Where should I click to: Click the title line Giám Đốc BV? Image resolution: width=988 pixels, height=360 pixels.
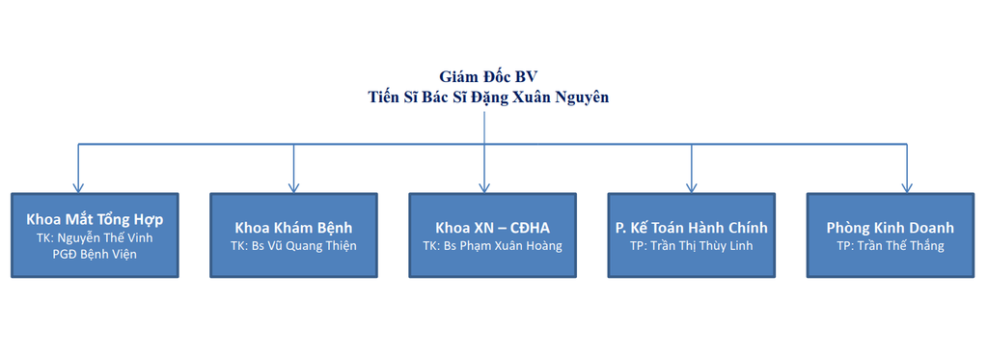point(488,77)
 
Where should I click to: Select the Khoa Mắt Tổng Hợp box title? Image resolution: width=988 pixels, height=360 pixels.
point(95,221)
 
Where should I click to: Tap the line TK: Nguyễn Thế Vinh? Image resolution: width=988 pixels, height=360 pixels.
point(95,238)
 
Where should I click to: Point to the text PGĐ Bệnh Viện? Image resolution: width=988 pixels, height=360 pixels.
point(95,255)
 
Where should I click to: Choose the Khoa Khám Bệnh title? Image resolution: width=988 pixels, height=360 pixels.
point(293,228)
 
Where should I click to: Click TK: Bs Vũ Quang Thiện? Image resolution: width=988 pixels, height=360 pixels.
point(293,245)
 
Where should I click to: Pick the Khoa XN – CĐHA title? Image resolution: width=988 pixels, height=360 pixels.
point(493,228)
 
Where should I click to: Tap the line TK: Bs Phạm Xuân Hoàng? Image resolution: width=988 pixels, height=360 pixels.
point(493,245)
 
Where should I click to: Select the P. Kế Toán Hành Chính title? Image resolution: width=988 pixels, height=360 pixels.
point(692,228)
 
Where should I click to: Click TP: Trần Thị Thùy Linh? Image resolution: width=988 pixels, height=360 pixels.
point(692,245)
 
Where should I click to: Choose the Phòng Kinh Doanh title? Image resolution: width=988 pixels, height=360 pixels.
point(891,228)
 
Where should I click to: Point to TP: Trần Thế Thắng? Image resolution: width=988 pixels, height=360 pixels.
point(891,245)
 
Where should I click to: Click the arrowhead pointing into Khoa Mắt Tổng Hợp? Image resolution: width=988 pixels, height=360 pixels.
point(78,188)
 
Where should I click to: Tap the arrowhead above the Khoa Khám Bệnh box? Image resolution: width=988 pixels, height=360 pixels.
point(293,188)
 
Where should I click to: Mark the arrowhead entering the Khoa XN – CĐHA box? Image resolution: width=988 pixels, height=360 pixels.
point(484,188)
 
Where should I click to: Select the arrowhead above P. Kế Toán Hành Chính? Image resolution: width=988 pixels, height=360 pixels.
point(691,188)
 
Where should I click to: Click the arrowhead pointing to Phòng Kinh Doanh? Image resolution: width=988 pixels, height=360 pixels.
point(907,188)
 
